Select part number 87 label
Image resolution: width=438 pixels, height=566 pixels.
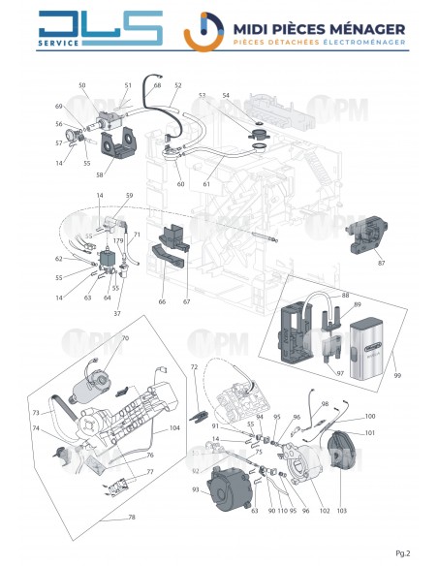(x=381, y=263)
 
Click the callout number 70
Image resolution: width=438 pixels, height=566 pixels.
(x=124, y=338)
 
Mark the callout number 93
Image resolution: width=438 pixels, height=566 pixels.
(x=196, y=489)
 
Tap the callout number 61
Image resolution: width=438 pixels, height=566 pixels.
(x=207, y=185)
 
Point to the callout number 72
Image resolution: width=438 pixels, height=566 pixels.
(x=194, y=367)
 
